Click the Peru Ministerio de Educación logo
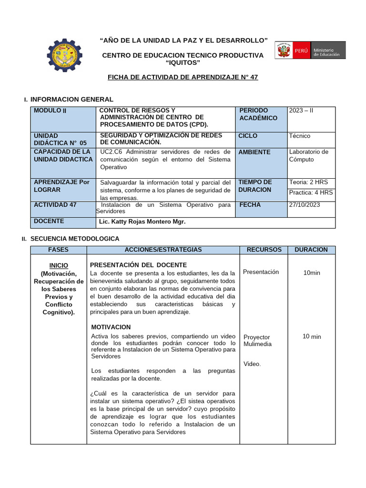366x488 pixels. pyautogui.click(x=310, y=51)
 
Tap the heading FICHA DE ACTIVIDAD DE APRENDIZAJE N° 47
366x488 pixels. pyautogui.click(x=183, y=77)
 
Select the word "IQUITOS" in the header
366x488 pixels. pyautogui.click(x=183, y=63)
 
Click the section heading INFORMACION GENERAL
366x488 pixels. pyautogui.click(x=71, y=99)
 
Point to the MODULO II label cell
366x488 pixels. pyautogui.click(x=50, y=111)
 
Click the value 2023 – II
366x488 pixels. pyautogui.click(x=301, y=111)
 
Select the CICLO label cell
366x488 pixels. pyautogui.click(x=248, y=136)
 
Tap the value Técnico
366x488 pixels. pyautogui.click(x=299, y=136)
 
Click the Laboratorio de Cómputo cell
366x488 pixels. pyautogui.click(x=308, y=155)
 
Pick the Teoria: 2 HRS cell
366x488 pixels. pyautogui.click(x=308, y=182)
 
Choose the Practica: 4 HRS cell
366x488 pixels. pyautogui.click(x=311, y=193)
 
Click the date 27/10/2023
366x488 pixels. pyautogui.click(x=305, y=205)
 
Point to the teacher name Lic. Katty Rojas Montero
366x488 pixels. pyautogui.click(x=142, y=222)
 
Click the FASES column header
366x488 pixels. pyautogui.click(x=58, y=250)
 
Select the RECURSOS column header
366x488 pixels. pyautogui.click(x=264, y=250)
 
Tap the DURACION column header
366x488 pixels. pyautogui.click(x=311, y=250)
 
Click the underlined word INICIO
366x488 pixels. pyautogui.click(x=59, y=265)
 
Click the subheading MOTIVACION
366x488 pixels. pyautogui.click(x=111, y=327)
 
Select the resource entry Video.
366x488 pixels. pyautogui.click(x=252, y=364)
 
